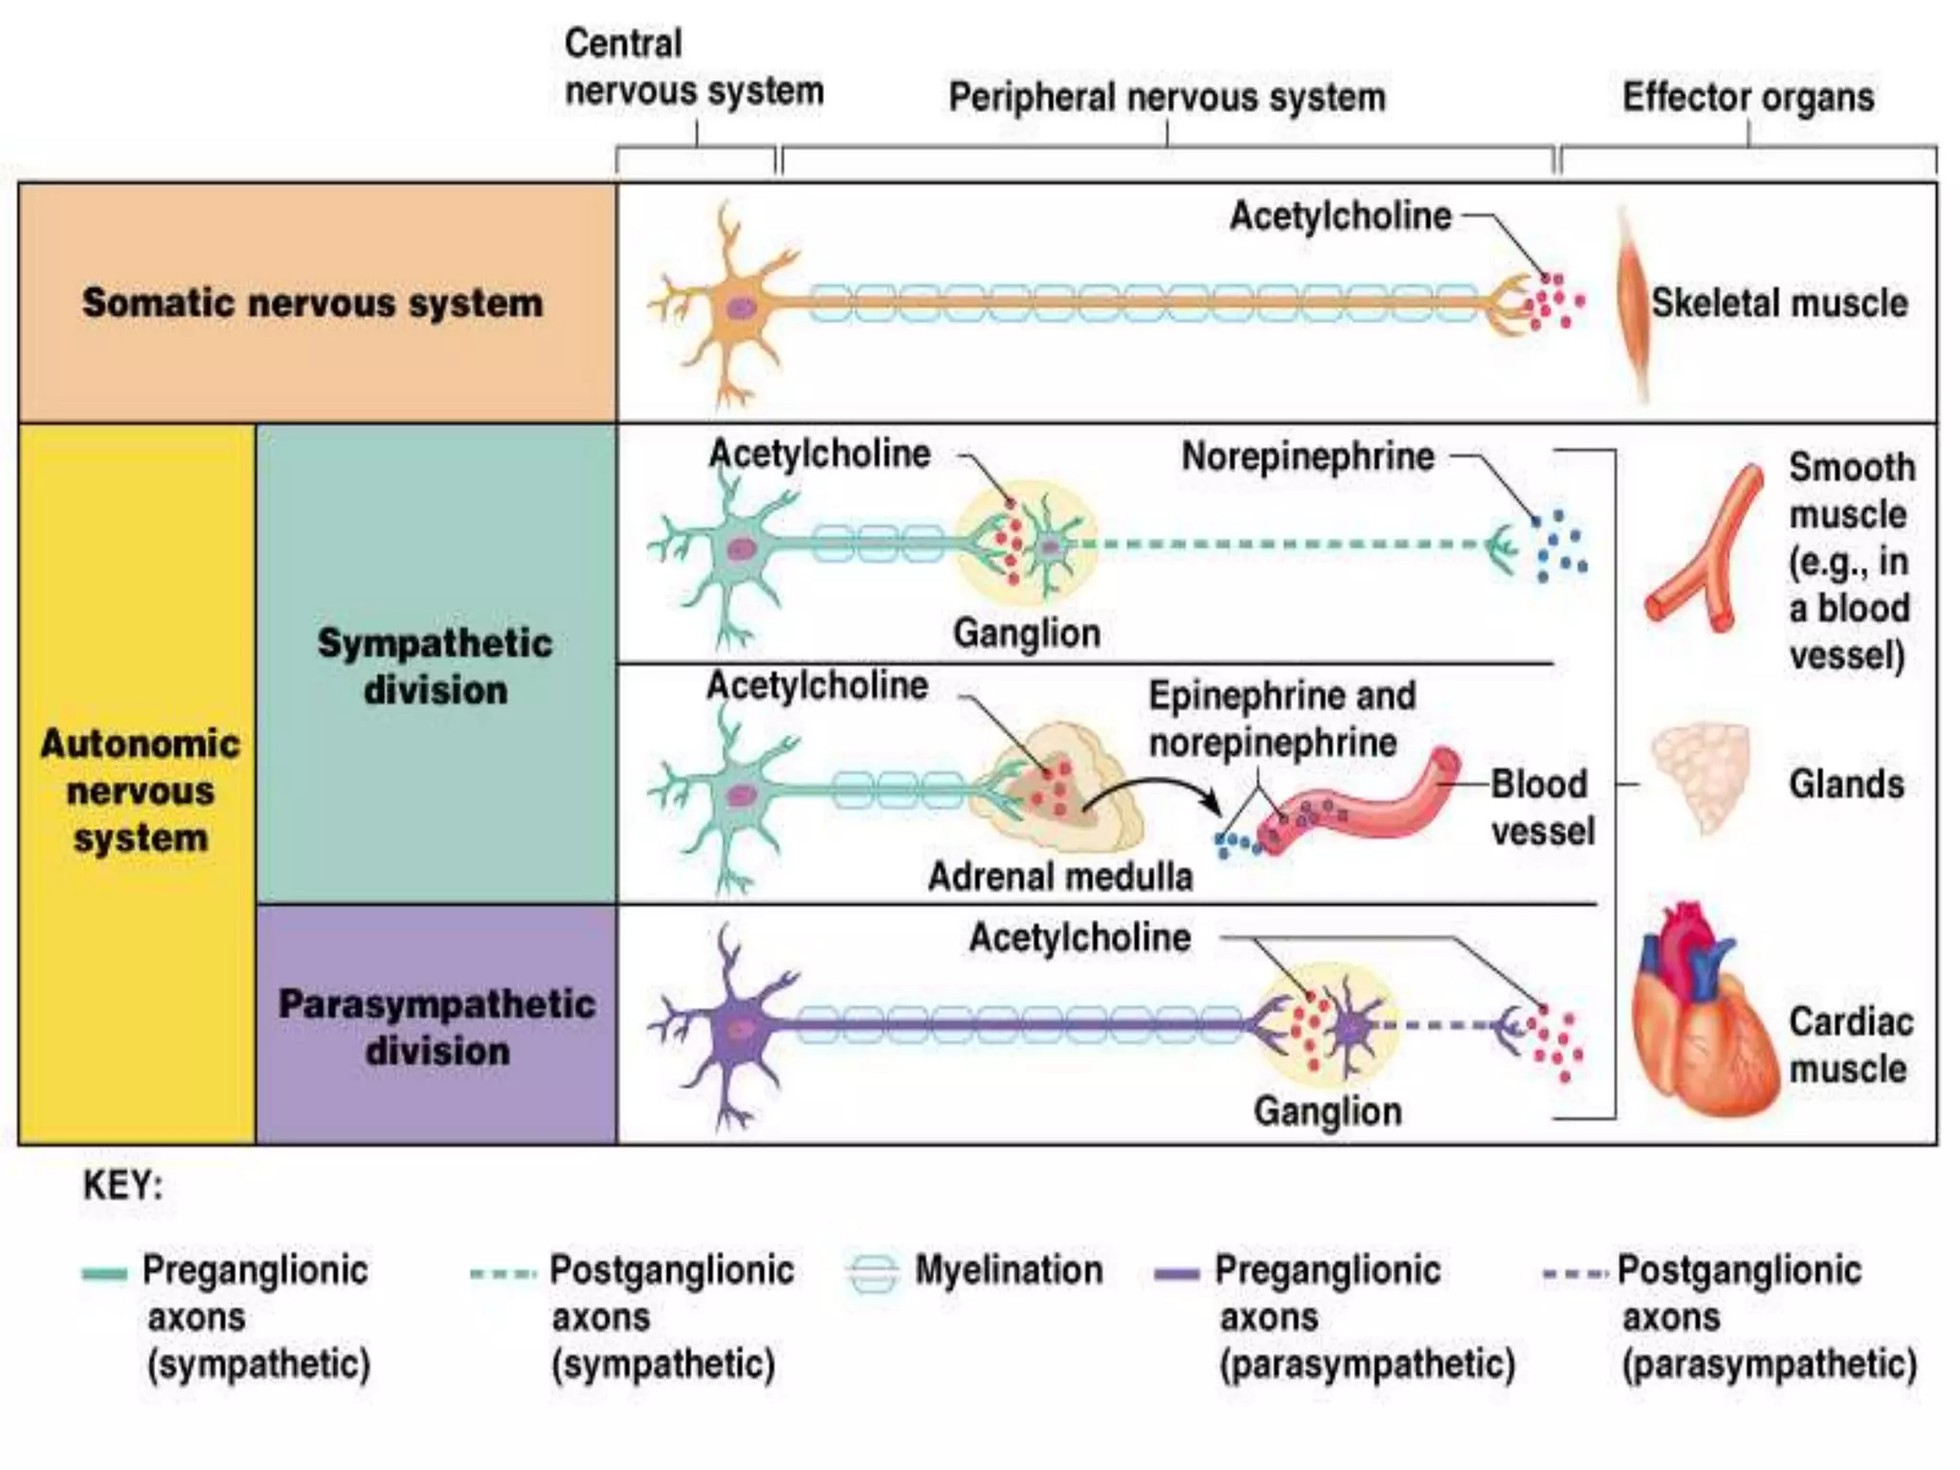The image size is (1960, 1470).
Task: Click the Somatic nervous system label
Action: pyautogui.click(x=312, y=302)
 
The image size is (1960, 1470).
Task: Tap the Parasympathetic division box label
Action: pyautogui.click(x=436, y=1027)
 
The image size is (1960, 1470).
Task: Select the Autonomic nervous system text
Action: pyautogui.click(x=140, y=791)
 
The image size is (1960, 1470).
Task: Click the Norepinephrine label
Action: pyautogui.click(x=1307, y=457)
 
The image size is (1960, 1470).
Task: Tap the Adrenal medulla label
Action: pyautogui.click(x=1060, y=877)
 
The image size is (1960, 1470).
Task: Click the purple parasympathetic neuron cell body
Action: pyautogui.click(x=740, y=1030)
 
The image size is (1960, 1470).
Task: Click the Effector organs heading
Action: pyautogui.click(x=1748, y=97)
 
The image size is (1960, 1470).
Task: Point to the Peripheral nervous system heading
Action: pyautogui.click(x=1167, y=97)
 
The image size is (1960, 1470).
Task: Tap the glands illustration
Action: pyautogui.click(x=1702, y=775)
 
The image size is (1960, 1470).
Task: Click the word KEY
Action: pyautogui.click(x=122, y=1186)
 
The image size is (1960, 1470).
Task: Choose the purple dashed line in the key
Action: pyautogui.click(x=1573, y=1274)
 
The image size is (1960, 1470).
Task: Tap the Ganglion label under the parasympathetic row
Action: pyautogui.click(x=1327, y=1111)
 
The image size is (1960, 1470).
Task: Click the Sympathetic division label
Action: pyautogui.click(x=435, y=666)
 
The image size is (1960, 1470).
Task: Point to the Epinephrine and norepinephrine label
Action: pyautogui.click(x=1281, y=719)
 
